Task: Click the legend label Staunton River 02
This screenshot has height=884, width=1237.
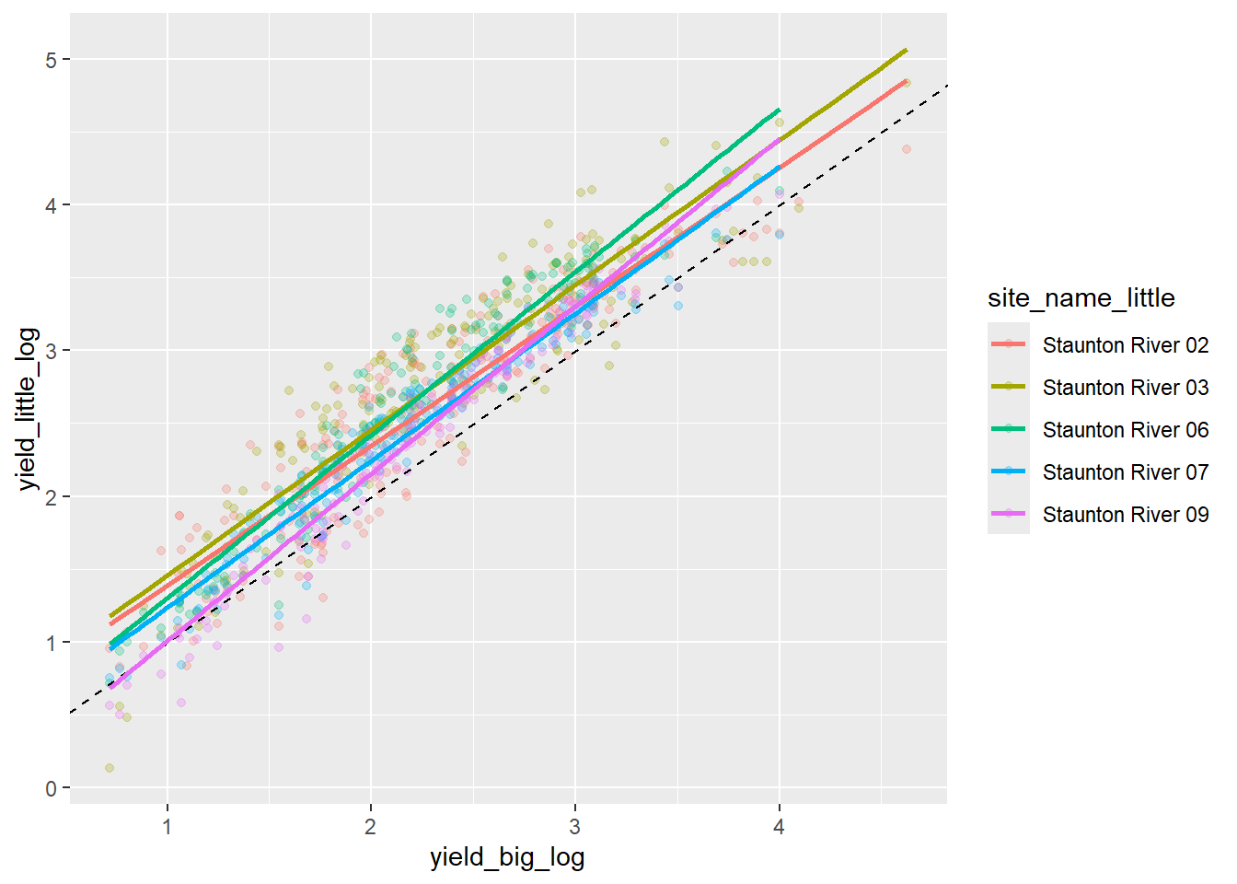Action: click(x=1125, y=345)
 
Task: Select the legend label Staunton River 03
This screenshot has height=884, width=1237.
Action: click(x=1125, y=388)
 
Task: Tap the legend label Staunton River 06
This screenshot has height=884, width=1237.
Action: click(x=1125, y=430)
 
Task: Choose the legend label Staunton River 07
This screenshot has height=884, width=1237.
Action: click(x=1125, y=472)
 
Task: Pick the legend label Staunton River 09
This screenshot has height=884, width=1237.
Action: click(x=1125, y=515)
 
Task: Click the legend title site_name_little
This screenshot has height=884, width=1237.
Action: click(x=1081, y=298)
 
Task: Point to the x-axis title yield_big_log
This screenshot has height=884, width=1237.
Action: click(x=507, y=858)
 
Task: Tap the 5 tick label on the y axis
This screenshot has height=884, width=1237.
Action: click(x=51, y=60)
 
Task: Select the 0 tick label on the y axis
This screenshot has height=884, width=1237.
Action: click(x=51, y=788)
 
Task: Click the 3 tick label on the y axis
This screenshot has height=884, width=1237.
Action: click(x=51, y=351)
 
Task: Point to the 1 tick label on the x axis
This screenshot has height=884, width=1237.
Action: click(x=167, y=827)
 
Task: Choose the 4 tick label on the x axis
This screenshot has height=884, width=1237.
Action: click(x=779, y=827)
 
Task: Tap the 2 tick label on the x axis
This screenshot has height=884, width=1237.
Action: click(x=370, y=827)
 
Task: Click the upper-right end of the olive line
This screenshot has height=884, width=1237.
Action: click(x=907, y=50)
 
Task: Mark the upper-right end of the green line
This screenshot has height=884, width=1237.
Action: click(x=779, y=110)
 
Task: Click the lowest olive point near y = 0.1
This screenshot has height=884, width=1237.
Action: click(x=110, y=767)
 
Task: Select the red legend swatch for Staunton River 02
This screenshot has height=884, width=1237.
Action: click(x=1009, y=344)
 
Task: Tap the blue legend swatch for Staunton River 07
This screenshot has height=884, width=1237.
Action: click(x=1009, y=471)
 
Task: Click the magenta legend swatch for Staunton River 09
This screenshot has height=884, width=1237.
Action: click(x=1009, y=514)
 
